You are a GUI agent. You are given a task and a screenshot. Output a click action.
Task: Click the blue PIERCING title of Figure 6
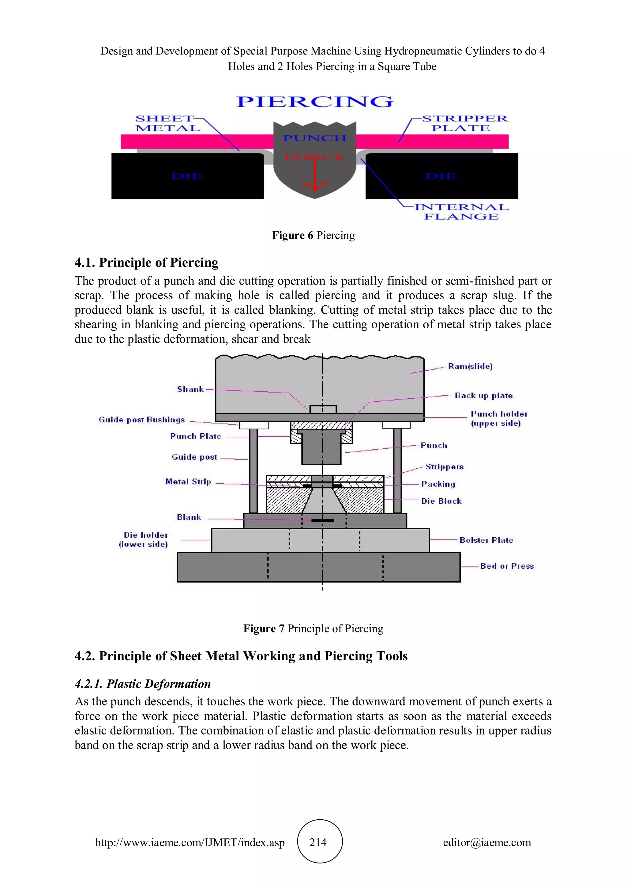[x=315, y=102]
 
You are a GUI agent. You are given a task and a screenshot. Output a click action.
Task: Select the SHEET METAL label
[x=168, y=123]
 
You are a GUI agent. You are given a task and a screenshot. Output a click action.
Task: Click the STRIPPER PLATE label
[x=464, y=123]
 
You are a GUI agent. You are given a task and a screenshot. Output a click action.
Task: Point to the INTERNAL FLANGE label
[x=461, y=212]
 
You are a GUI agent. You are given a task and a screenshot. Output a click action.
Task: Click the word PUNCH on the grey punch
[x=315, y=138]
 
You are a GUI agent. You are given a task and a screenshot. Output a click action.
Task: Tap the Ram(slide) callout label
[x=470, y=366]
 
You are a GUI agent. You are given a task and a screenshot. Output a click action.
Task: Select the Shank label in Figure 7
[x=190, y=389]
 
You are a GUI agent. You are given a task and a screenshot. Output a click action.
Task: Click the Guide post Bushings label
[x=142, y=420]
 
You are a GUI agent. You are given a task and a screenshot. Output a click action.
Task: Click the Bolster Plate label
[x=486, y=540]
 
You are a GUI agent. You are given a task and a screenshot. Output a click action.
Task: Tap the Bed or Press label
[x=507, y=566]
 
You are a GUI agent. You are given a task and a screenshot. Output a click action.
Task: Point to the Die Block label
[x=441, y=501]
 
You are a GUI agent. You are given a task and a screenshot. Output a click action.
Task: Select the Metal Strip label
[x=188, y=481]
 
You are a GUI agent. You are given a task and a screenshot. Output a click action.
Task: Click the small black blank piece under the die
[x=322, y=520]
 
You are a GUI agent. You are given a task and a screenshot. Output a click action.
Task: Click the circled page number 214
[x=318, y=842]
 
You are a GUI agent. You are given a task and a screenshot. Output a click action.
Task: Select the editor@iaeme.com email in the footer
[x=487, y=842]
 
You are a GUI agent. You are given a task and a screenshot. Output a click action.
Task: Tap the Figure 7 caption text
[x=313, y=628]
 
